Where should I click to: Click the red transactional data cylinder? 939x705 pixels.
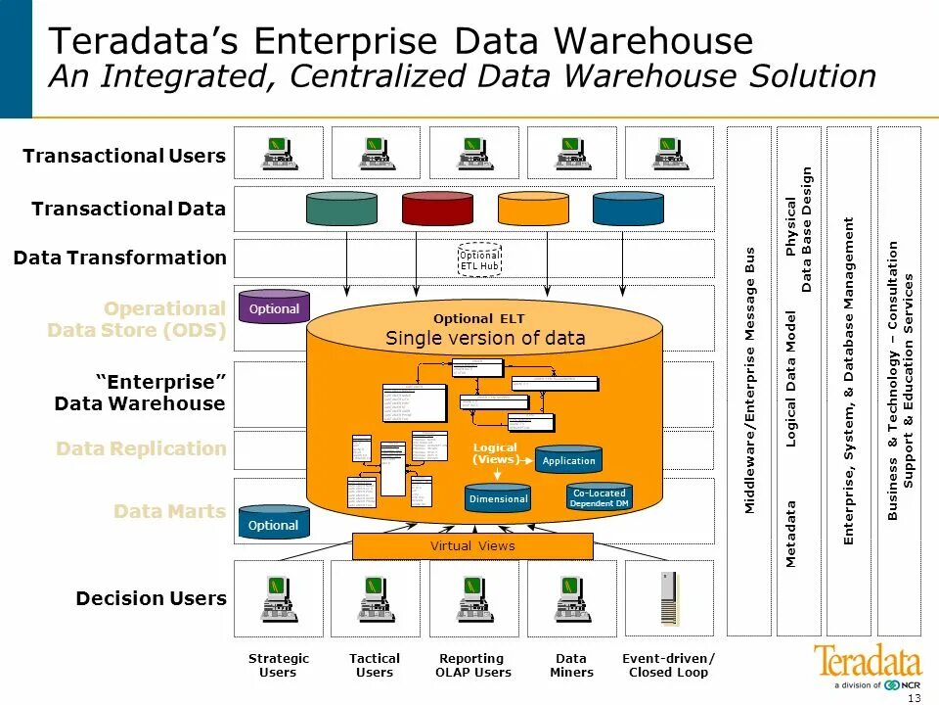click(437, 208)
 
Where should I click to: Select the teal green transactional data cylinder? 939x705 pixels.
click(341, 208)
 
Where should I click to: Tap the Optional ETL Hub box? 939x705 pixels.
click(479, 260)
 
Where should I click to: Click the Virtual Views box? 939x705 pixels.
click(472, 546)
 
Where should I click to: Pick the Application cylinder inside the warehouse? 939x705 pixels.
click(568, 460)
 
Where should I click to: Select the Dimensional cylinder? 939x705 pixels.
click(498, 498)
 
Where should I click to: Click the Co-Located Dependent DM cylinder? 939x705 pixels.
click(600, 497)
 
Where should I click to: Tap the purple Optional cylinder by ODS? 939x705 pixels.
click(274, 308)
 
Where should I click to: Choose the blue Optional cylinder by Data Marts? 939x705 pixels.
click(274, 525)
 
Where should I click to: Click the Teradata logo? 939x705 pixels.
click(868, 662)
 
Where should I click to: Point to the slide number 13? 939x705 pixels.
click(915, 697)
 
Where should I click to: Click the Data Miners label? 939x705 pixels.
click(571, 666)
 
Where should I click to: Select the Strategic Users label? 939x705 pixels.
click(278, 666)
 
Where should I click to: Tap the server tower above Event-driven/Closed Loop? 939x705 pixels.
click(669, 598)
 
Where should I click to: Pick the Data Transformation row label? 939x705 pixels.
click(119, 258)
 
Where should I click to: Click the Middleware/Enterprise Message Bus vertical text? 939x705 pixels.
click(750, 380)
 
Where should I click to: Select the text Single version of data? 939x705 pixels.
click(485, 339)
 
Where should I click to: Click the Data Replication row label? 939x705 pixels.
click(141, 448)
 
